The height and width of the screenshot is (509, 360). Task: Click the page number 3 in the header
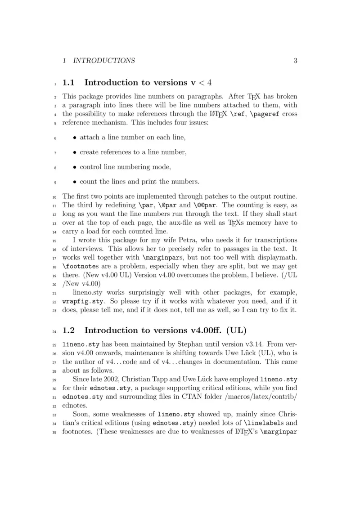click(295, 61)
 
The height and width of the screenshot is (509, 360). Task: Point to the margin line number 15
click(55, 240)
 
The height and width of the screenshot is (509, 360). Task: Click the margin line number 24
click(55, 331)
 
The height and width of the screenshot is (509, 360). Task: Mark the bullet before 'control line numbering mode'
click(75, 167)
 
